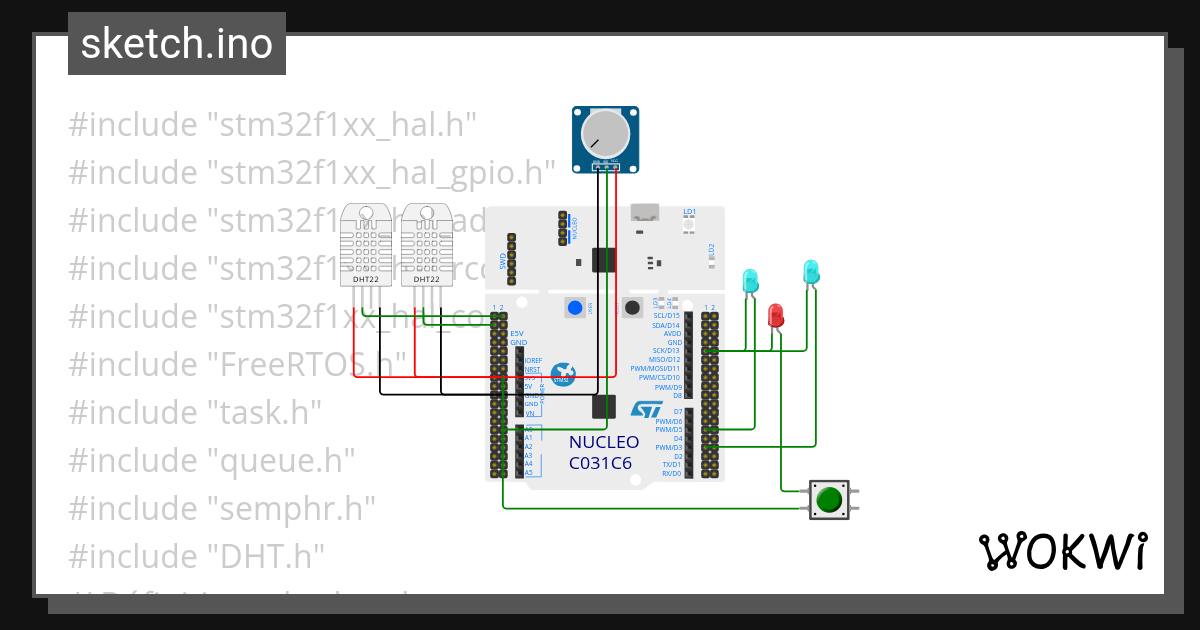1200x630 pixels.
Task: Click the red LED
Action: (775, 316)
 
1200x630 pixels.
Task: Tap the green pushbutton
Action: (828, 498)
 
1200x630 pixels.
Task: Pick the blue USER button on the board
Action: (575, 307)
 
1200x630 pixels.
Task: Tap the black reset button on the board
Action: (632, 307)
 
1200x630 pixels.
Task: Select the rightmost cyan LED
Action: (811, 270)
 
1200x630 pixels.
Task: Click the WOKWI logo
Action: (1062, 551)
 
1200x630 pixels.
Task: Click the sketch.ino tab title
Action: (177, 44)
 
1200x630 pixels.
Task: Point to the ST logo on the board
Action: (646, 409)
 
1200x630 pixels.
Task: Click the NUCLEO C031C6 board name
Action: (604, 452)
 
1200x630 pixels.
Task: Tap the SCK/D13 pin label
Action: (666, 351)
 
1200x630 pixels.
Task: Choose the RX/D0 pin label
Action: (671, 473)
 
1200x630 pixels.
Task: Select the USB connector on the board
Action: (646, 212)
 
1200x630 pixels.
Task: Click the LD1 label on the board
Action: (689, 212)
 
